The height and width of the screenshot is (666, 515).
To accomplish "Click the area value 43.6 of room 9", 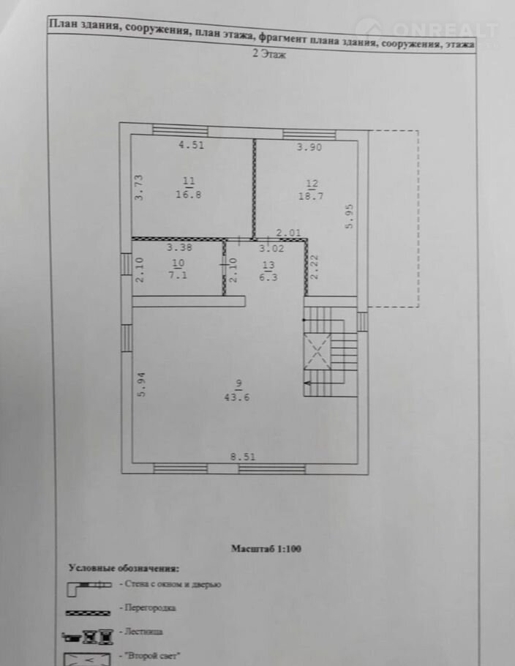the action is [237, 397].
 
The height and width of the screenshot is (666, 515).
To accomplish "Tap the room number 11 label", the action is [189, 182].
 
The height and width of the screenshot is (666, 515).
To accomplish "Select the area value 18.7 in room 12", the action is [311, 196].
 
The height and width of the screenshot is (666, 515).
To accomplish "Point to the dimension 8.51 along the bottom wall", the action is [243, 457].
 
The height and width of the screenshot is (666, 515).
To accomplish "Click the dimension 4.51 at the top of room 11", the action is [191, 145].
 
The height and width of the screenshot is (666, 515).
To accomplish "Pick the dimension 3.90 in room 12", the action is [309, 147].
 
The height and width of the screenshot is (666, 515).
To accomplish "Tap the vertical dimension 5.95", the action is [350, 217].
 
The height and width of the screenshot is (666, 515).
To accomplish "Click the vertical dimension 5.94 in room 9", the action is [142, 384].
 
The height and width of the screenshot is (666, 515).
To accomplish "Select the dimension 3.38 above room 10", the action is [179, 247].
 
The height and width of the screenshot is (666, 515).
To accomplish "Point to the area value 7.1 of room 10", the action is [178, 274].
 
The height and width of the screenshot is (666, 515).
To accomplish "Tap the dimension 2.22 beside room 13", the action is [315, 266].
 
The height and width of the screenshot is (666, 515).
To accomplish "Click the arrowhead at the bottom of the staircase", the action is [307, 383].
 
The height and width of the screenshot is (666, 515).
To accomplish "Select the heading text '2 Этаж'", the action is [269, 54].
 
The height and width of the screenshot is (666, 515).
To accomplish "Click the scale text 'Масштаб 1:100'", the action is [266, 548].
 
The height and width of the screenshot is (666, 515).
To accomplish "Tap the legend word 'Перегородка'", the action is [150, 607].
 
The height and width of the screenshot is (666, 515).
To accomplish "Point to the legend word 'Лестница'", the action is [143, 632].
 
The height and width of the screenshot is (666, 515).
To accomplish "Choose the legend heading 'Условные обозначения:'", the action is [124, 568].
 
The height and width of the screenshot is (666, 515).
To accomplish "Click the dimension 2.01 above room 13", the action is [288, 233].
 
